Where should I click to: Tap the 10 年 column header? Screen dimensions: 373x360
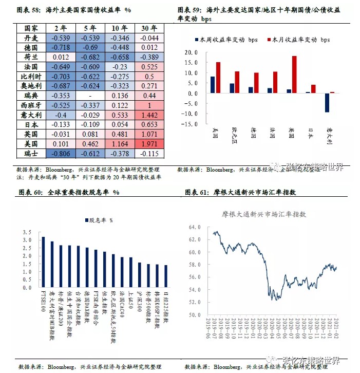tap(120, 28)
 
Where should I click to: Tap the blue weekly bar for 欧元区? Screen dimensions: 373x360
tap(232, 88)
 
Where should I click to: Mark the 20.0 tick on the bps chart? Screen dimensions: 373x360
tap(191, 52)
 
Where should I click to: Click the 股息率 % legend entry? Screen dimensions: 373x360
tap(100, 220)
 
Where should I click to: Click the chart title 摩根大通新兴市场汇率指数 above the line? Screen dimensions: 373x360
tap(263, 214)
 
